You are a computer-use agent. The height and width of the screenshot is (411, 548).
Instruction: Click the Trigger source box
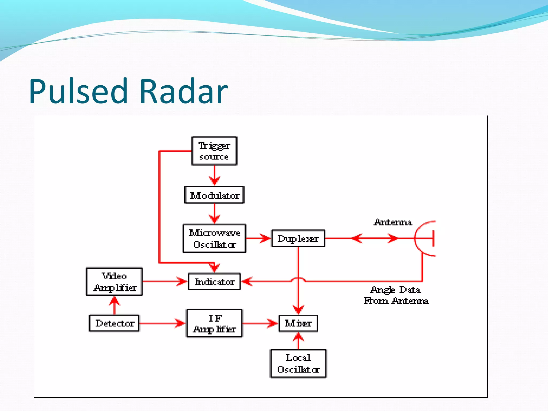[x=214, y=151]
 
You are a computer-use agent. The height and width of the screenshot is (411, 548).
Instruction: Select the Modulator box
[x=214, y=195]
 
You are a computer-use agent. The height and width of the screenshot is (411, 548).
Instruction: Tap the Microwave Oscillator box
[x=214, y=238]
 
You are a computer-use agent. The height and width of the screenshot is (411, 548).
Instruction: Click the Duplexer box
[x=298, y=238]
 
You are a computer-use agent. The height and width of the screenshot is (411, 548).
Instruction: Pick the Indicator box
[x=214, y=281]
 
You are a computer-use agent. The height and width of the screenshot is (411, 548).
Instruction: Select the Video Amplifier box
[x=114, y=281]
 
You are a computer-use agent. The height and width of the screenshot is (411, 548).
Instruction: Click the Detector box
[x=114, y=323]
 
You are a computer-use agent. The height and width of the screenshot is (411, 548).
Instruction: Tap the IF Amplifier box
[x=214, y=323]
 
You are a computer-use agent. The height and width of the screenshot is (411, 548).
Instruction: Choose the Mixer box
[x=298, y=323]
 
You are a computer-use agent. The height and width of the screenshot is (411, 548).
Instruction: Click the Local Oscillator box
[x=298, y=363]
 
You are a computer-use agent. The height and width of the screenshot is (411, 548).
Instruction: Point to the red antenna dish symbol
[x=424, y=238]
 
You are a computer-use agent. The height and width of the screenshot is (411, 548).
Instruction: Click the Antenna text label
[x=393, y=222]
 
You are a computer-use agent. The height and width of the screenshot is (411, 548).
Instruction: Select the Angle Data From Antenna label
[x=396, y=295]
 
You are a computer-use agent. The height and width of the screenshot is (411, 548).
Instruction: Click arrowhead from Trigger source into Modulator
[x=214, y=181]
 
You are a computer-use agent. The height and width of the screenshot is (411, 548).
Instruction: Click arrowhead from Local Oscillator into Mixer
[x=298, y=337]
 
